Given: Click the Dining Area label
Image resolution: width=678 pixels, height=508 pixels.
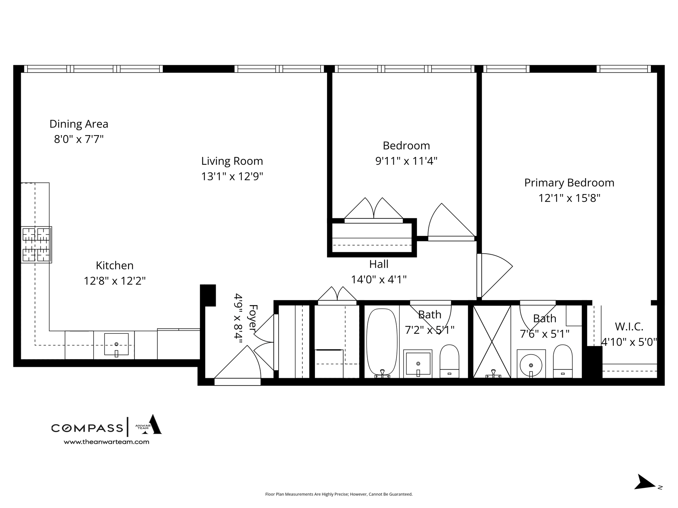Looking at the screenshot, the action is (x=79, y=124).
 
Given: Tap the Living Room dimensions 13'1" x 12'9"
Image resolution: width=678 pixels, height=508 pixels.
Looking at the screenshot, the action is (x=232, y=176).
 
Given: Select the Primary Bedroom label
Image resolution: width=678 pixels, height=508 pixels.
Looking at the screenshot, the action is (x=569, y=183).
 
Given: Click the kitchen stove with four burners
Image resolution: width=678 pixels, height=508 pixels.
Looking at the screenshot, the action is (x=36, y=245).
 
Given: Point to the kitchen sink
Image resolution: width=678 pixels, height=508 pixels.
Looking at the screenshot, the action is (x=116, y=345).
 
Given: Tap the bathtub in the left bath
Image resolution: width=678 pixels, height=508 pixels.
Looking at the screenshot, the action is (x=382, y=342).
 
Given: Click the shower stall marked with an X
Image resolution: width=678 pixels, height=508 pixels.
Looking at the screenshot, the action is (x=492, y=341).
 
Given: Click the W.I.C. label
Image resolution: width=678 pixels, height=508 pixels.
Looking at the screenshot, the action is (x=629, y=327).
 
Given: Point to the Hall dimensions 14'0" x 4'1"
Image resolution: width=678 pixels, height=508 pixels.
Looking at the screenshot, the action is (x=379, y=279).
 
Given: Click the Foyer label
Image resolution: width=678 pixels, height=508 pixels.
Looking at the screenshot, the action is (x=253, y=318).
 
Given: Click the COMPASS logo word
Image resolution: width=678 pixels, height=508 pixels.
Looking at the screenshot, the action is (x=87, y=428).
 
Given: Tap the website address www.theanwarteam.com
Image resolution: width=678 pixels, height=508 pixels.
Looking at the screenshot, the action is (x=106, y=442).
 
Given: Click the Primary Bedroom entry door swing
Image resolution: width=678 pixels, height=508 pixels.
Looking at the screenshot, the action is (x=494, y=275).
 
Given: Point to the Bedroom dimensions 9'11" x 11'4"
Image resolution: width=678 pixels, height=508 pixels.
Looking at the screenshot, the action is (x=406, y=161).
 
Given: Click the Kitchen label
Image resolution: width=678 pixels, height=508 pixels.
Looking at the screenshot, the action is (x=115, y=265).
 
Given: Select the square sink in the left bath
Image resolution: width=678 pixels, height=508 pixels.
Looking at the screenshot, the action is (x=418, y=363).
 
